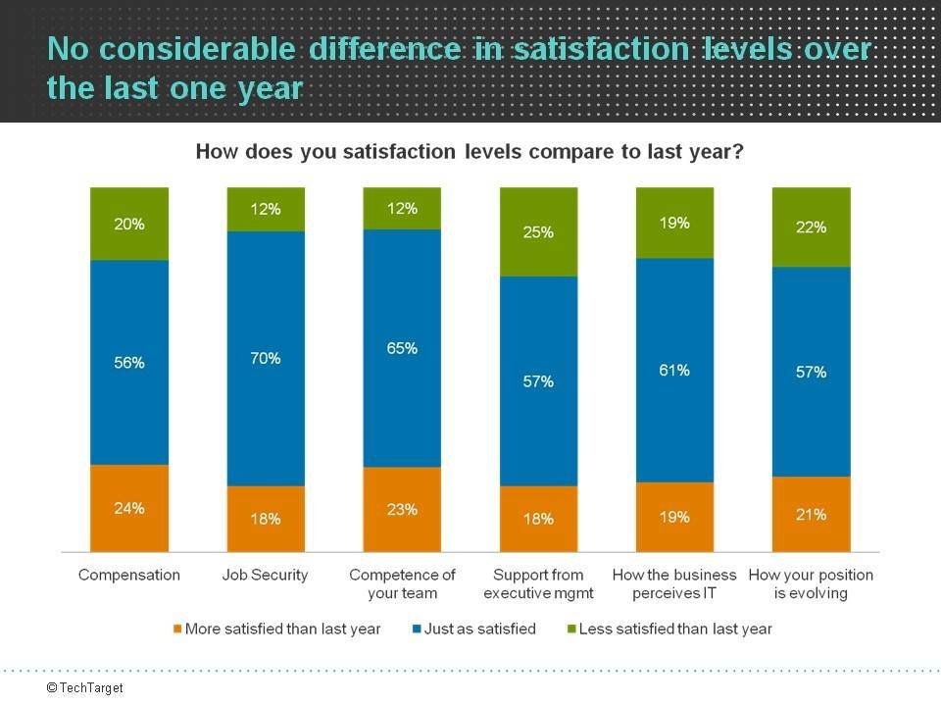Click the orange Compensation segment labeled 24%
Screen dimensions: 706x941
click(129, 508)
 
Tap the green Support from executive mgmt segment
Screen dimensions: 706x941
click(538, 232)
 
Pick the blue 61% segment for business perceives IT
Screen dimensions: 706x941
click(674, 371)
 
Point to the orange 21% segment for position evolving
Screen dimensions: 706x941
click(811, 514)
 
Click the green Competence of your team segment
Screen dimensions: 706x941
click(402, 209)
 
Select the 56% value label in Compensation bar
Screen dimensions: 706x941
click(129, 363)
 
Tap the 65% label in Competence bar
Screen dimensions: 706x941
click(402, 348)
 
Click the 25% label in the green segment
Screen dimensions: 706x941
click(538, 232)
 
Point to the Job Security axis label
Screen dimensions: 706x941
click(266, 576)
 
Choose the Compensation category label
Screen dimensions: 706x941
click(129, 576)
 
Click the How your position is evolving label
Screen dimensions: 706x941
click(811, 584)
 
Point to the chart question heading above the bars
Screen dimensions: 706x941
click(470, 152)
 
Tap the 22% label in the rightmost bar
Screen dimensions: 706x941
click(811, 227)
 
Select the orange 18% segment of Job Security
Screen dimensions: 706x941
click(266, 519)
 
